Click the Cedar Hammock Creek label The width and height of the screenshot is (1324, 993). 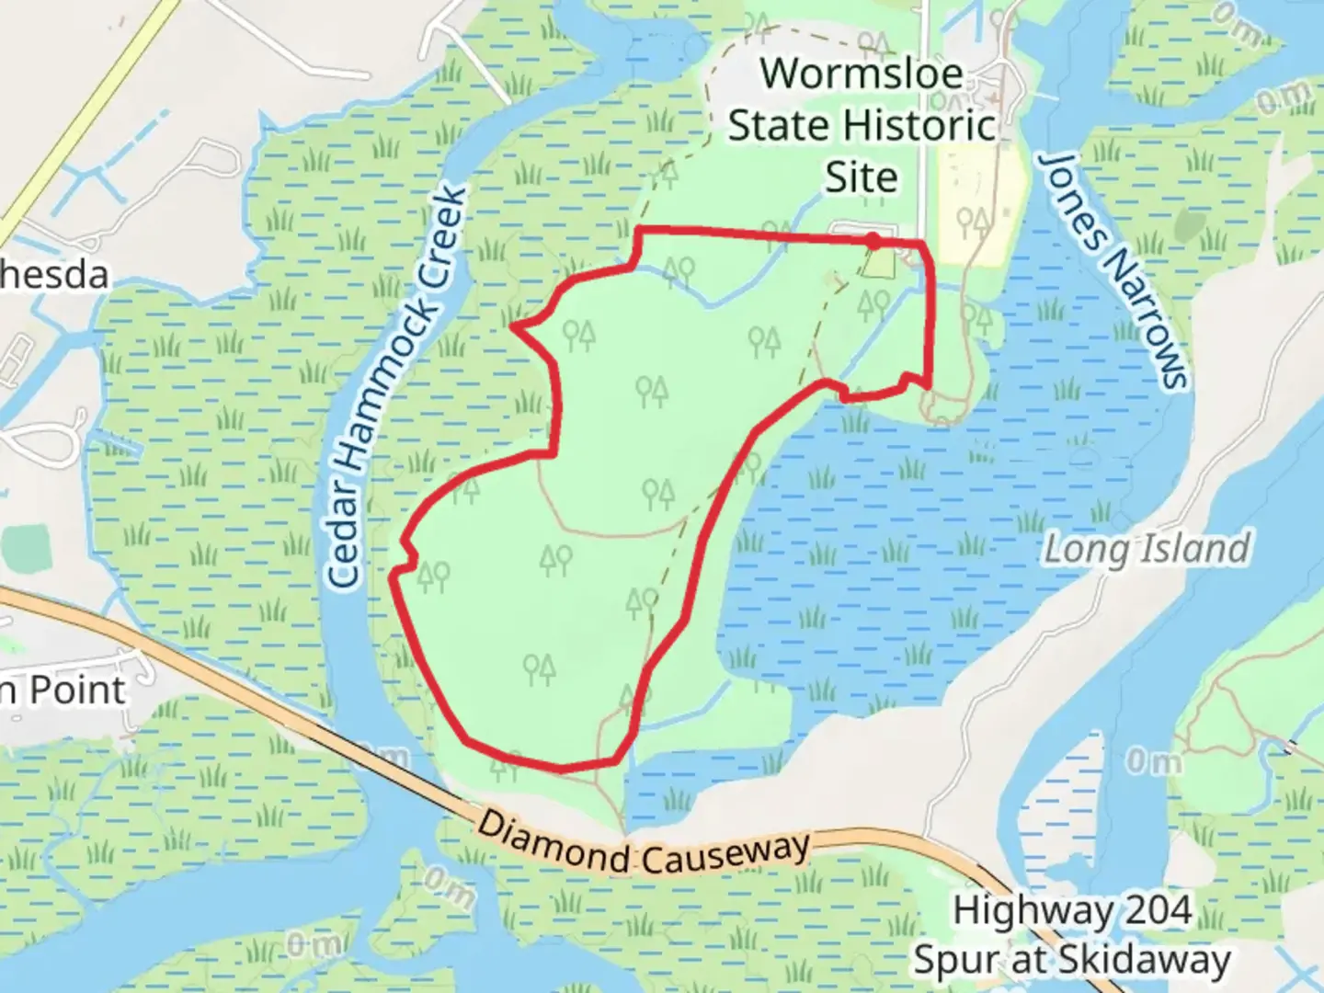pos(397,386)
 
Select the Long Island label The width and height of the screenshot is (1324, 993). pos(1147,549)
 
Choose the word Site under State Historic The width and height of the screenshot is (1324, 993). pos(861,177)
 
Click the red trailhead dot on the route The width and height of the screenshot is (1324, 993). pos(873,241)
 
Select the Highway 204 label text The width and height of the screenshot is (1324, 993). pos(1072,910)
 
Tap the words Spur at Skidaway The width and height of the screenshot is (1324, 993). pos(1072,960)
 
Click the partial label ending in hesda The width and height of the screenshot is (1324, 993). pos(53,275)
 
